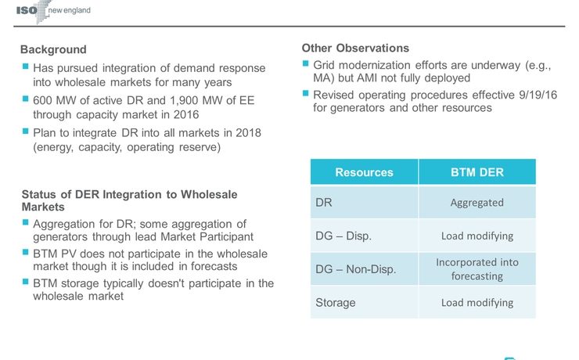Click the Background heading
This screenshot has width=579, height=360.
click(x=53, y=49)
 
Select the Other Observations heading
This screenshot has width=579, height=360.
click(x=355, y=48)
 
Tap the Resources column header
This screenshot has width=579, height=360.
click(x=364, y=172)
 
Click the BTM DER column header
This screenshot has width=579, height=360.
click(x=477, y=172)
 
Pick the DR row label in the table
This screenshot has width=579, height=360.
click(x=324, y=202)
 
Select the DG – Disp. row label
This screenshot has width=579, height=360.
click(x=343, y=236)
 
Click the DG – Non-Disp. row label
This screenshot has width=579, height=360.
click(x=355, y=269)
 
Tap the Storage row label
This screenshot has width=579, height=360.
click(x=335, y=302)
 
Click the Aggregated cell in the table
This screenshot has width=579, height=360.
click(x=477, y=202)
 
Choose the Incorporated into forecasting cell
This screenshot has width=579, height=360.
click(x=477, y=268)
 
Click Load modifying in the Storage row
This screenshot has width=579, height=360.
click(x=477, y=302)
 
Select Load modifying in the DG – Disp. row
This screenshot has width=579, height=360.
click(x=477, y=236)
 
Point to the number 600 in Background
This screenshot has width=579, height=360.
click(x=43, y=100)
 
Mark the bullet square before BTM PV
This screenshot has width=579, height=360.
click(x=25, y=254)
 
